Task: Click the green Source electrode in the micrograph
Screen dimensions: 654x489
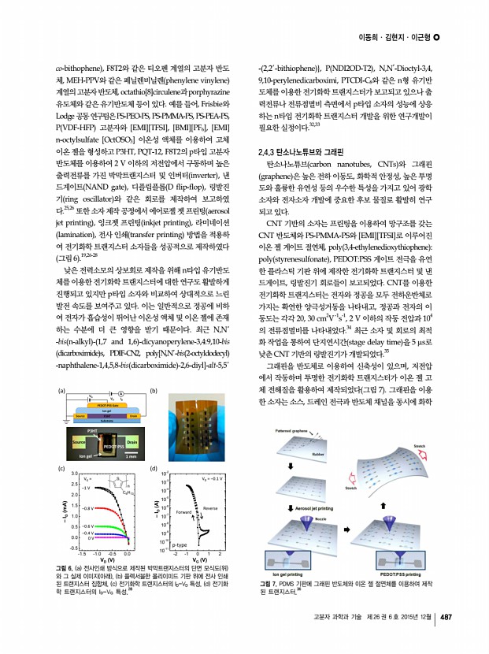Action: pyautogui.click(x=79, y=444)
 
